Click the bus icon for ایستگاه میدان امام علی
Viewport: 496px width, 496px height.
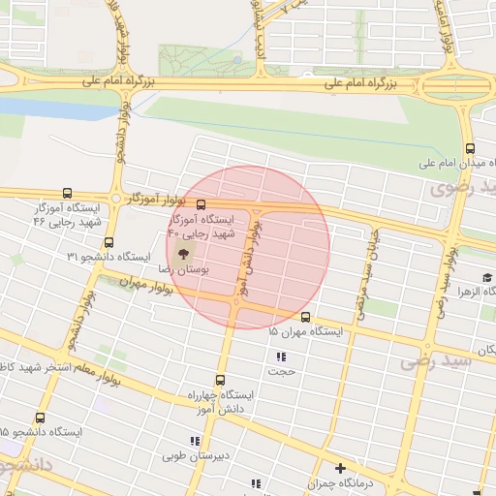click(470, 148)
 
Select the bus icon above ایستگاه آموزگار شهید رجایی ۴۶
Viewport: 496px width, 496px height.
click(66, 193)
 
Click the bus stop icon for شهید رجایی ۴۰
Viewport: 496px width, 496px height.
click(201, 205)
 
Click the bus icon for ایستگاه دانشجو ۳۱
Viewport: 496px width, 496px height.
click(108, 242)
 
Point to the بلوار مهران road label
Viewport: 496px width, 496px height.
click(144, 282)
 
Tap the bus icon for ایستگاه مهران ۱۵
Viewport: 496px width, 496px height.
click(305, 317)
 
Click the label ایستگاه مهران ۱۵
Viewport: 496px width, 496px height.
click(306, 332)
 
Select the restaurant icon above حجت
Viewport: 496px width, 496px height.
click(281, 357)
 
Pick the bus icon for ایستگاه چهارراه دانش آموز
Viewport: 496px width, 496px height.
click(221, 380)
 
